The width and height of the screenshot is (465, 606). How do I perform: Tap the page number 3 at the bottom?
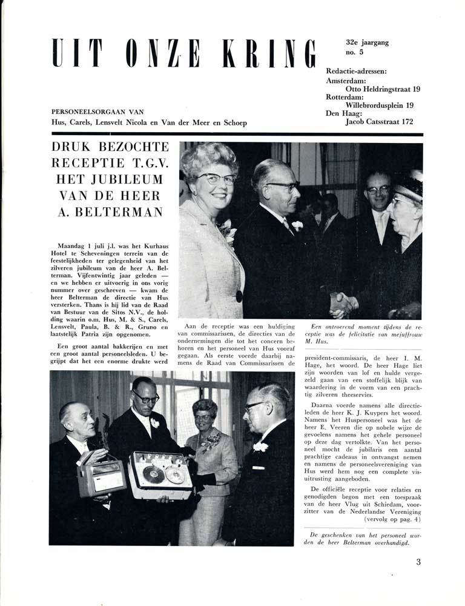point(418,562)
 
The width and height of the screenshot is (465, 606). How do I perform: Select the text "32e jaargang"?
point(368,42)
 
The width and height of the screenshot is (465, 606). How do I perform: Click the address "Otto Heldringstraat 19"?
point(383,88)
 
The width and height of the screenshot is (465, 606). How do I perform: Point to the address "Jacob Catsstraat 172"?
point(379,122)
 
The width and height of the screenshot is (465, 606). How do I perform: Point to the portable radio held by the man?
point(101,476)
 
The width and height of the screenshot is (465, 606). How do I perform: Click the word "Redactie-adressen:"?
point(357,71)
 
